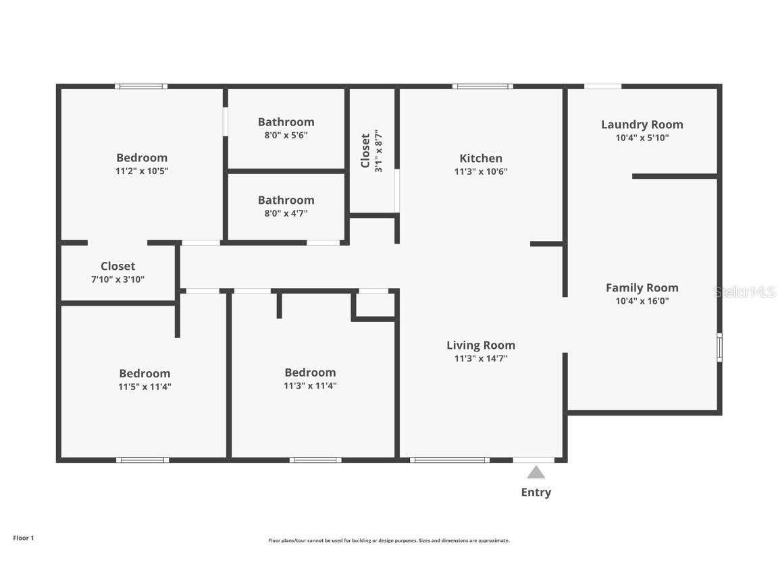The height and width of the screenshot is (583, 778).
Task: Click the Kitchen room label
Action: click(x=481, y=158)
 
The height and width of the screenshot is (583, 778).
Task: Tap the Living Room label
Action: click(x=481, y=345)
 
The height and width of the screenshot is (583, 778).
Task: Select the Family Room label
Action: click(x=642, y=287)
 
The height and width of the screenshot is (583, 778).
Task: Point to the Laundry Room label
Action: click(x=642, y=124)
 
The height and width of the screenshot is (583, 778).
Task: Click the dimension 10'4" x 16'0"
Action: click(x=642, y=302)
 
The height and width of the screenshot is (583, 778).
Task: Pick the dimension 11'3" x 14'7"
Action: click(x=481, y=359)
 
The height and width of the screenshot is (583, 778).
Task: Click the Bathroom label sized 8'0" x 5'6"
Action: click(x=286, y=122)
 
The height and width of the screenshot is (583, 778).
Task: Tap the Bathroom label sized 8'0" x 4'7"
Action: click(x=286, y=200)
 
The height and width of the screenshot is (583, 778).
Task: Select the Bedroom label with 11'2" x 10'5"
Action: click(x=142, y=158)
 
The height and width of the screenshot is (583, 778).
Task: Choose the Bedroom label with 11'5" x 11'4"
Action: click(x=145, y=373)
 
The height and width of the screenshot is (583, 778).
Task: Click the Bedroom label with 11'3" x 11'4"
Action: click(x=310, y=372)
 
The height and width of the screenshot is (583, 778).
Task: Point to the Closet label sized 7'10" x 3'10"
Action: click(x=118, y=266)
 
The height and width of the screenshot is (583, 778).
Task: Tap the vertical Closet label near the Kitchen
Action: click(x=365, y=150)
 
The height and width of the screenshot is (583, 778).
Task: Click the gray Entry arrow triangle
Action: click(x=536, y=472)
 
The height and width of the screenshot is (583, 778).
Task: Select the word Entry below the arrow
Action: click(x=536, y=493)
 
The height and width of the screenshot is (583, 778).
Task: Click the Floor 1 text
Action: click(x=23, y=538)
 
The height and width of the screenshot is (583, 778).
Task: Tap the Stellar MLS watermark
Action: click(x=746, y=292)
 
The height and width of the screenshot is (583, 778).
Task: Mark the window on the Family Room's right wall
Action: click(x=719, y=347)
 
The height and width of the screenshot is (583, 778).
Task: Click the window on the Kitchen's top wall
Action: click(x=482, y=86)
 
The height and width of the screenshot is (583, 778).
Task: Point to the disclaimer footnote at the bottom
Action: click(x=389, y=540)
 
